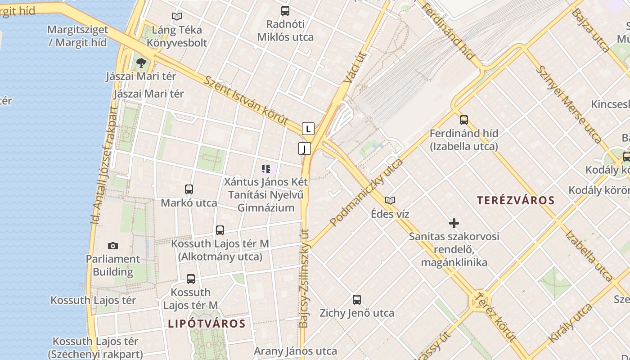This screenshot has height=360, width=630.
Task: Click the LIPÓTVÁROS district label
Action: coord(207,324)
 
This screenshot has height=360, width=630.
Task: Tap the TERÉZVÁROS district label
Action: coord(516,200)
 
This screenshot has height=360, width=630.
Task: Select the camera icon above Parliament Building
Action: coord(113,246)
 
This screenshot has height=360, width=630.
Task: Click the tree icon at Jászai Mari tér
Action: coord(141,63)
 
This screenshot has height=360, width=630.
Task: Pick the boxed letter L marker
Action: coord(308,129)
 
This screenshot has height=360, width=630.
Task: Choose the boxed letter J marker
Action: coord(305,148)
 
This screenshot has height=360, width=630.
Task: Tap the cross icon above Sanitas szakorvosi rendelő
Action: coord(454,223)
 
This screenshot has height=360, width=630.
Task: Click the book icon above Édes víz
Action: coord(390,200)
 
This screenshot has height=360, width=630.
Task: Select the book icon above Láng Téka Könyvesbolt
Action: coord(177,17)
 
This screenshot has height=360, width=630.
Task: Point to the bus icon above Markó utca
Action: coord(189,189)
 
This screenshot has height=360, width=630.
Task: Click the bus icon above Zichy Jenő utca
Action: coord(357,299)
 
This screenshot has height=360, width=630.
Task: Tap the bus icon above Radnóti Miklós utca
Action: coord(285,11)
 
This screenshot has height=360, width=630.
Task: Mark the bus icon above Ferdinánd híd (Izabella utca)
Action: coord(464,120)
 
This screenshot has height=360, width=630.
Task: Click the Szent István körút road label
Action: coord(246,100)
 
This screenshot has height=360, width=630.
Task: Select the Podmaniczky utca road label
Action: coord(366,193)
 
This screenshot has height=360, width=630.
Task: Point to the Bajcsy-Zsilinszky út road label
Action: coord(305,278)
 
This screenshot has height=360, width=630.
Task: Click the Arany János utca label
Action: coord(295,351)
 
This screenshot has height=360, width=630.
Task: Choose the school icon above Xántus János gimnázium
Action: coord(266,169)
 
